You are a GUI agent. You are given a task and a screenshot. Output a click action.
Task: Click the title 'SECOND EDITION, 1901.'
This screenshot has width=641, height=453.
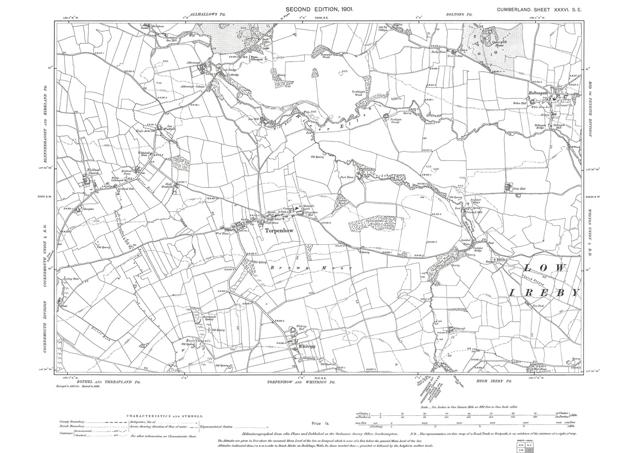[319, 8]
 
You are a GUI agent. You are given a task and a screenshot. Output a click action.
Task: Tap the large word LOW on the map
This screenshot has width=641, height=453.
[545, 268]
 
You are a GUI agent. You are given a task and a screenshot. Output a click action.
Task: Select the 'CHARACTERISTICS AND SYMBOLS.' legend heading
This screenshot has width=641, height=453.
[165, 416]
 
